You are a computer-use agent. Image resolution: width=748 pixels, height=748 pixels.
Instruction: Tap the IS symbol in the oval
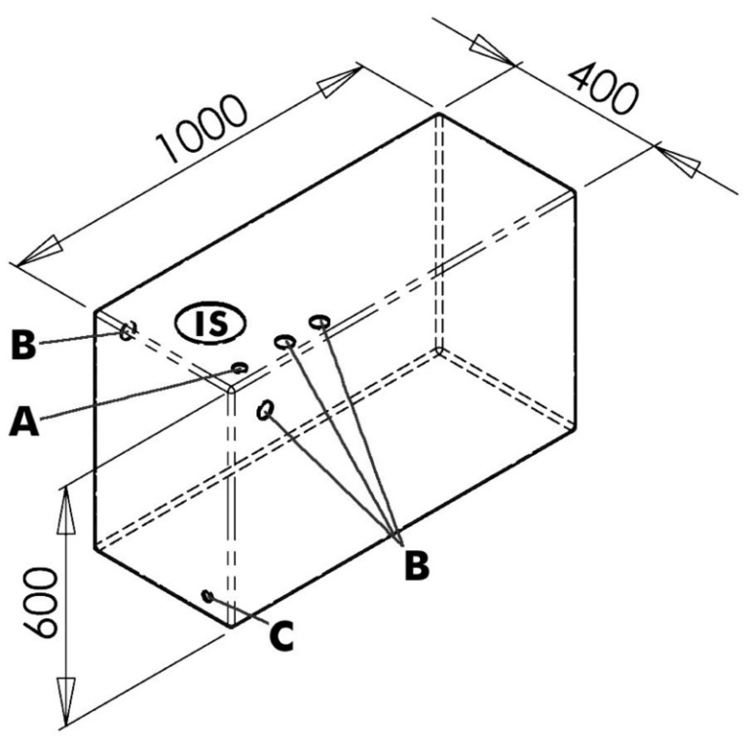coord(211,322)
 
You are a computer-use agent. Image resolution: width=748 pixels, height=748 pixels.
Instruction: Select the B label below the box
coord(416,564)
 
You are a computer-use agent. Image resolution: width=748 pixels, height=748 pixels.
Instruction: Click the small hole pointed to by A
coord(239,368)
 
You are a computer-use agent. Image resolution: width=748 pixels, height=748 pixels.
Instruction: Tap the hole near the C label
coord(206,595)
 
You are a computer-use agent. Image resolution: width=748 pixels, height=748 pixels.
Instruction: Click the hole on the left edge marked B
coord(127,331)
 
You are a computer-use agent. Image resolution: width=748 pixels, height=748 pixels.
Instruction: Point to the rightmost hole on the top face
coord(318,320)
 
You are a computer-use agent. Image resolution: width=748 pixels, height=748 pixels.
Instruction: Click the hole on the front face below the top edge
coord(264,410)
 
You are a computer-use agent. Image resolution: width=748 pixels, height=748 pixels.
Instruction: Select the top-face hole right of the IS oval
coord(284,342)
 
